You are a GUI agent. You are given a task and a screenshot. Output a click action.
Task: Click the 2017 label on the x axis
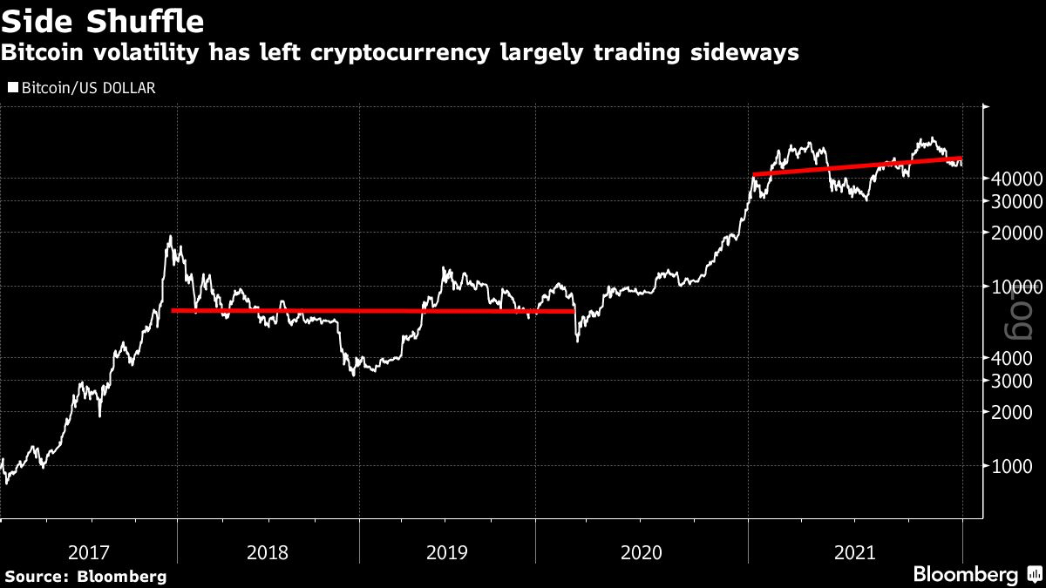[x=88, y=551]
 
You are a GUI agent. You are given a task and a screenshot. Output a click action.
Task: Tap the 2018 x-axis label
[x=268, y=551]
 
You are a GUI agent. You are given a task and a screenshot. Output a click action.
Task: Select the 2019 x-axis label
[x=447, y=551]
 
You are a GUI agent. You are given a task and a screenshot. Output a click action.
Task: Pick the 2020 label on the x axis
[x=642, y=551]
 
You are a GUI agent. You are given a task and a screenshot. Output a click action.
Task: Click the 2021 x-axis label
[x=855, y=551]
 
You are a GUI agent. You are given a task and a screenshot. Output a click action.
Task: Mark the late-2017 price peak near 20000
[x=170, y=237]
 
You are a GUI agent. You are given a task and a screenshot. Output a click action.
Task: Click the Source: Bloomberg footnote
[x=85, y=576]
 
